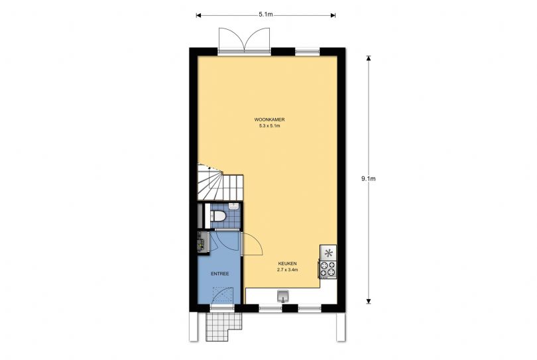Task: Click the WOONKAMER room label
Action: click(270, 120)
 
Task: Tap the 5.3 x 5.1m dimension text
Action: click(270, 126)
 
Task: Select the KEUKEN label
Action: click(287, 263)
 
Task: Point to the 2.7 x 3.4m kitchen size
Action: click(287, 270)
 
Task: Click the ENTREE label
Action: click(220, 274)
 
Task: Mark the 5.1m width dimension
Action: click(266, 15)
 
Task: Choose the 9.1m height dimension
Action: click(369, 178)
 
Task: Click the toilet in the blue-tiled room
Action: click(218, 216)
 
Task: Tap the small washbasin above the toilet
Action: click(233, 206)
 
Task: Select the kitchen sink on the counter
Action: click(283, 296)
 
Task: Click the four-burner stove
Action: click(328, 269)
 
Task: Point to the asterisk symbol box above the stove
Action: click(328, 253)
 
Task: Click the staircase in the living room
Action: click(221, 182)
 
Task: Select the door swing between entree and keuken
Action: click(252, 244)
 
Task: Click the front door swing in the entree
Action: click(223, 296)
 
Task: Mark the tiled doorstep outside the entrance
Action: click(224, 326)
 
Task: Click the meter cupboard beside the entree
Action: click(204, 243)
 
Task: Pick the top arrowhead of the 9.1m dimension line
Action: click(369, 58)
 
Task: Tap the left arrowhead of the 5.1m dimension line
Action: click(198, 15)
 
